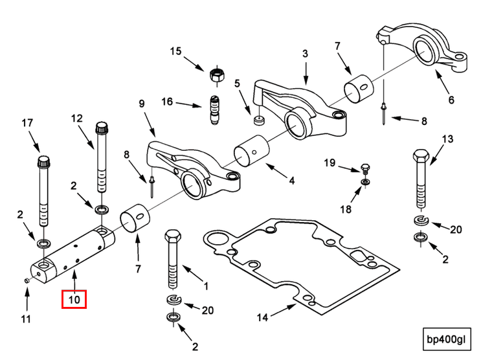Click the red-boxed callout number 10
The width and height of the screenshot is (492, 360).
pyautogui.click(x=74, y=300)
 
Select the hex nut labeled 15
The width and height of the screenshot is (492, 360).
pyautogui.click(x=217, y=74)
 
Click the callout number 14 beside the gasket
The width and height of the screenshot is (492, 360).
pyautogui.click(x=262, y=317)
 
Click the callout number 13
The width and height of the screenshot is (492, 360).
pyautogui.click(x=448, y=139)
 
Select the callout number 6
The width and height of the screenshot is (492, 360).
pyautogui.click(x=451, y=100)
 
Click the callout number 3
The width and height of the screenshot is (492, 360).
pyautogui.click(x=305, y=54)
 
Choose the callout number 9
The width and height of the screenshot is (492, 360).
pyautogui.click(x=142, y=103)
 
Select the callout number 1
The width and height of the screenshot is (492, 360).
pyautogui.click(x=207, y=285)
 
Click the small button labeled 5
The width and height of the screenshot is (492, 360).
pyautogui.click(x=259, y=119)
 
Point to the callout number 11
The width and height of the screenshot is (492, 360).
pyautogui.click(x=27, y=319)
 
